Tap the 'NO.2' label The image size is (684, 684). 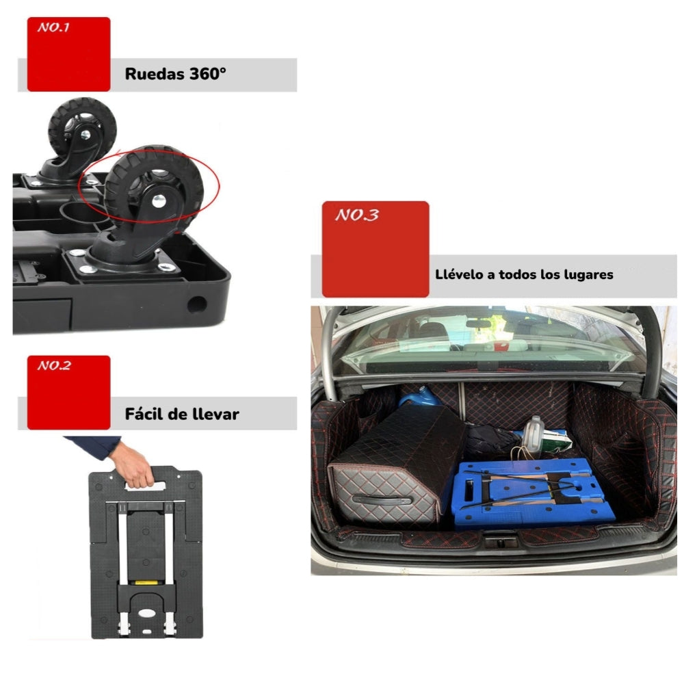54,366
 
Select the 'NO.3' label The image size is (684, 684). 356,215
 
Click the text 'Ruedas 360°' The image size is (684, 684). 175,75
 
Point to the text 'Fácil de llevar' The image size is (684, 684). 182,414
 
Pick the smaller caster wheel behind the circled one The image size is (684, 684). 81,131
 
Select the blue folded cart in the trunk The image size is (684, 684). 531,493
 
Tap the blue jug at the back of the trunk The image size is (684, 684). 419,396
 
